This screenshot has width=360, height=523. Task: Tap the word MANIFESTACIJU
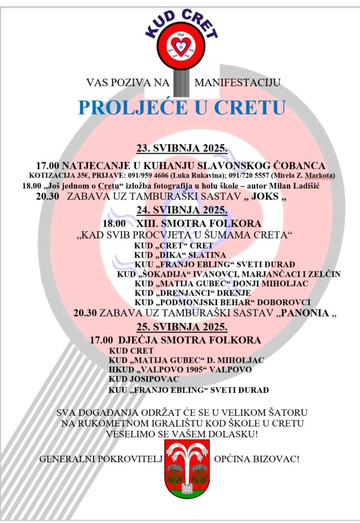237,83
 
